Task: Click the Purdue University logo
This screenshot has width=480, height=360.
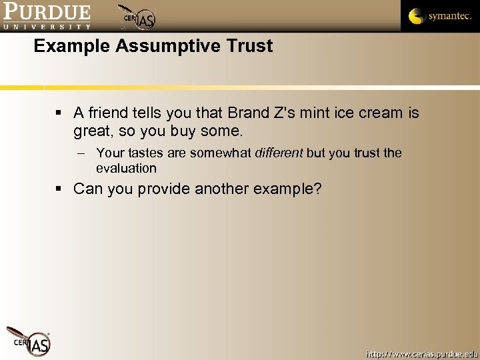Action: pyautogui.click(x=46, y=17)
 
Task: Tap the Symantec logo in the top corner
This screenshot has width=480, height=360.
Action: pyautogui.click(x=439, y=16)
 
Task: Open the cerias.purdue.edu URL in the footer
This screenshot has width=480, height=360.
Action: pyautogui.click(x=421, y=353)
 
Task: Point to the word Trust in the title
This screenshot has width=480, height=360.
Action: pyautogui.click(x=250, y=47)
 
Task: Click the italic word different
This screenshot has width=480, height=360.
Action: pyautogui.click(x=279, y=153)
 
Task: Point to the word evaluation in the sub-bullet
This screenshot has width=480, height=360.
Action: pyautogui.click(x=126, y=169)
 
